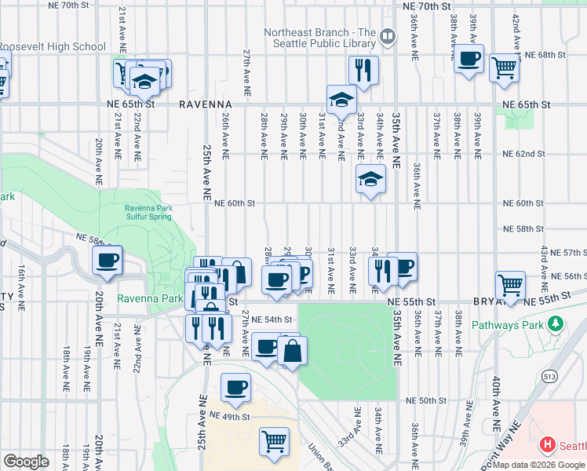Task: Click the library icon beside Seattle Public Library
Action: pyautogui.click(x=388, y=37)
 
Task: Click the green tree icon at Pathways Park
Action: pyautogui.click(x=556, y=323)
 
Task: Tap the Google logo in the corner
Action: pyautogui.click(x=26, y=462)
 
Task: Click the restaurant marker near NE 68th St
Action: pyautogui.click(x=363, y=71)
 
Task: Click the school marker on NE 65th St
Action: pyautogui.click(x=342, y=100)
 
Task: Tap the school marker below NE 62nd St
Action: pyautogui.click(x=370, y=180)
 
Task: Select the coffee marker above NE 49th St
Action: pyautogui.click(x=235, y=386)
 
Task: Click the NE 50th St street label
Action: pyautogui.click(x=426, y=400)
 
